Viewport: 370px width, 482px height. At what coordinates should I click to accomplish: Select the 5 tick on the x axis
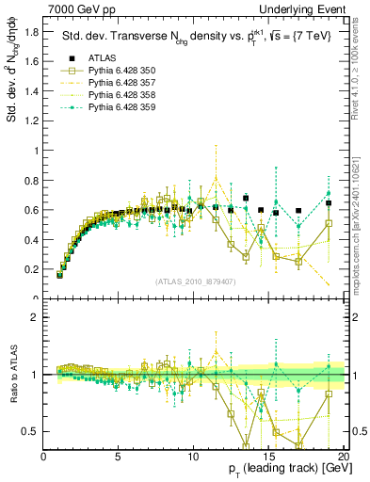click(119, 457)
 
